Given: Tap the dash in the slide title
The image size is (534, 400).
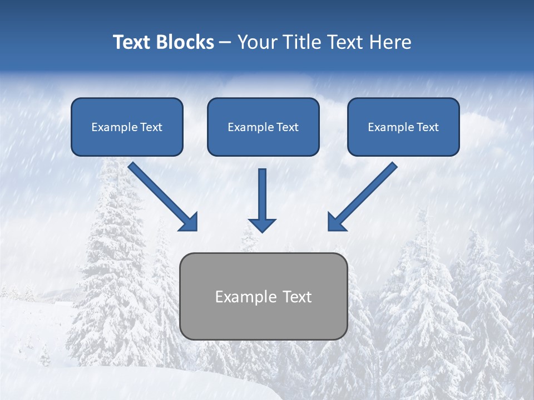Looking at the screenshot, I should click(225, 43).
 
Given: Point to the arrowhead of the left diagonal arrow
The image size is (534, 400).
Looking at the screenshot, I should click(189, 222).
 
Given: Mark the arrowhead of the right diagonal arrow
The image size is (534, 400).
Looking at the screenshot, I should click(336, 222).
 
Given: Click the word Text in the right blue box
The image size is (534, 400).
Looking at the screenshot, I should click(427, 127).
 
